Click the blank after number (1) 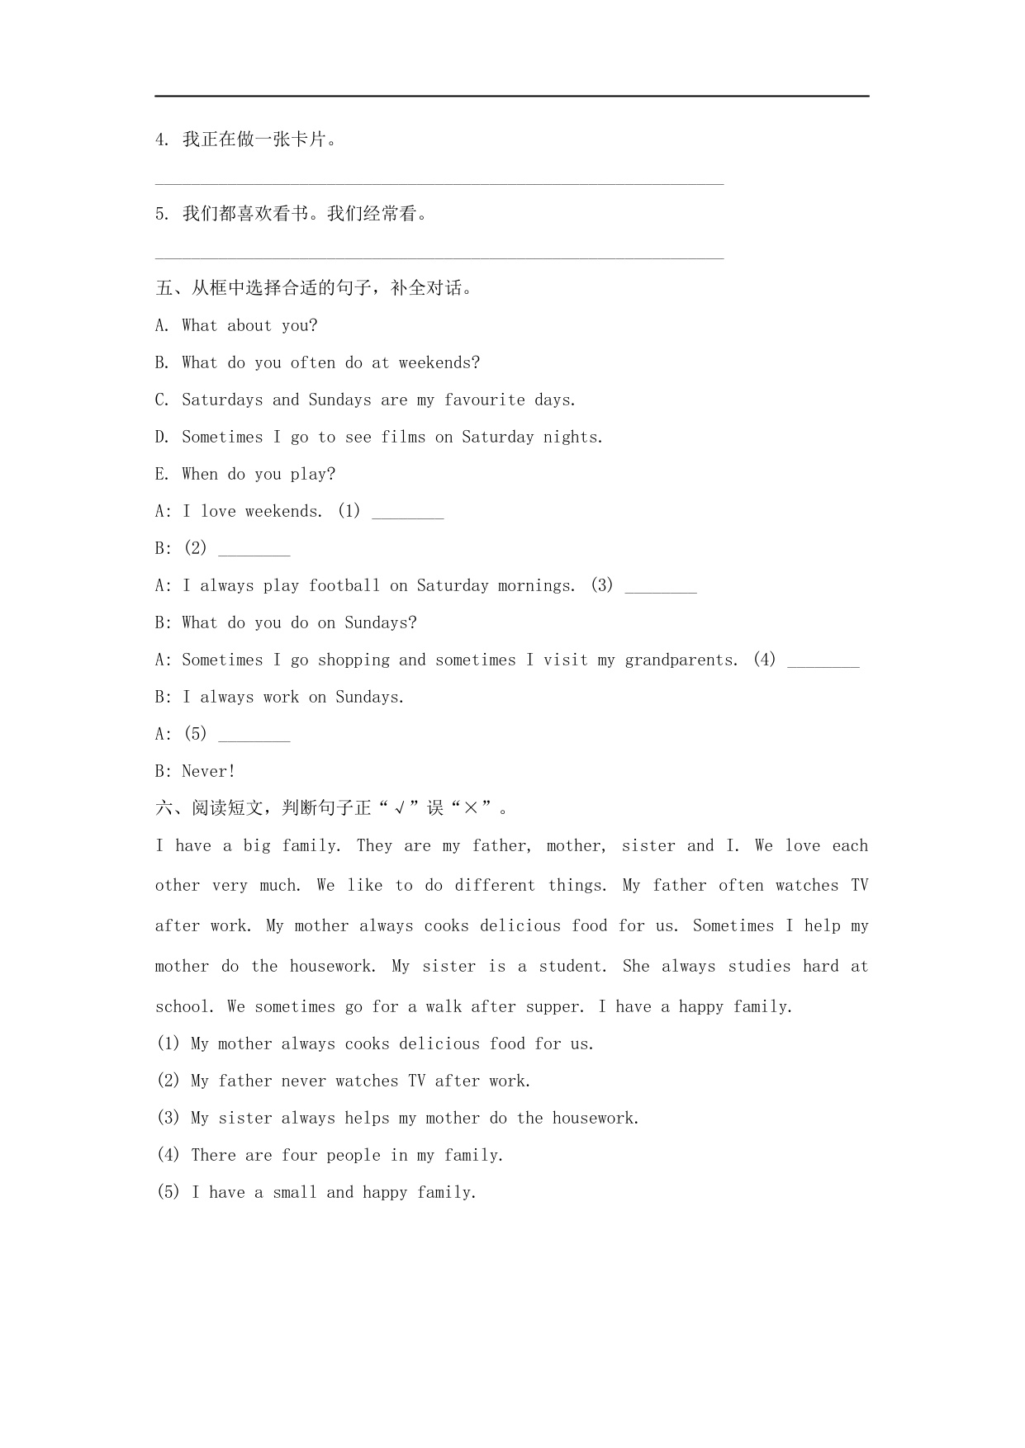coord(408,513)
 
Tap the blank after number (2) coord(254,551)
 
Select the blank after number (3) coord(661,588)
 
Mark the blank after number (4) coord(823,662)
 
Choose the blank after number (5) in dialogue coord(254,736)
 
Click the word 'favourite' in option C coord(484,400)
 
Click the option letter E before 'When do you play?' coord(161,475)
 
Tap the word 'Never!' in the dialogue coord(209,772)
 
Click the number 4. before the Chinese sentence coord(162,140)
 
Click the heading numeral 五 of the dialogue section coord(164,288)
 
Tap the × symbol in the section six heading coord(471,808)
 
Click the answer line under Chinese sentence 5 coord(439,258)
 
